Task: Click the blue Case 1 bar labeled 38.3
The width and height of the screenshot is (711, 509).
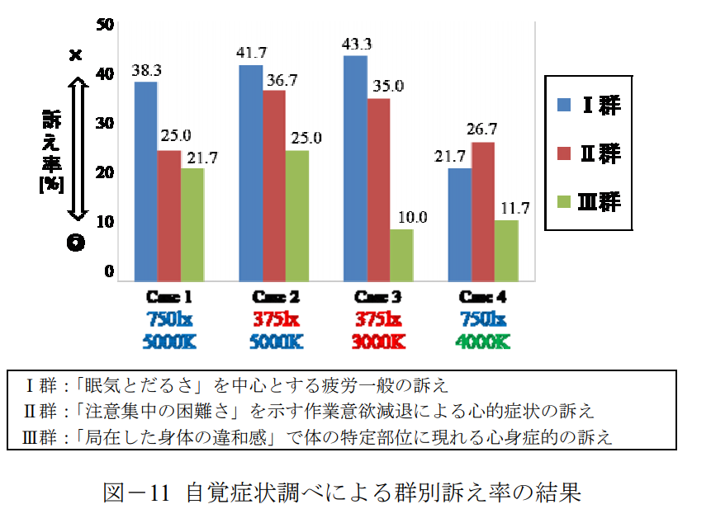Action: tap(145, 181)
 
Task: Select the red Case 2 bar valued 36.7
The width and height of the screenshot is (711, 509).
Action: tap(273, 185)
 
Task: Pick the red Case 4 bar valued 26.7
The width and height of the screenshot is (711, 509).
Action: tap(483, 210)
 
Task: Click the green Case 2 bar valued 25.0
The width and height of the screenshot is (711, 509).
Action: tap(297, 214)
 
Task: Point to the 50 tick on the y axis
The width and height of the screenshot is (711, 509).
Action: tap(105, 24)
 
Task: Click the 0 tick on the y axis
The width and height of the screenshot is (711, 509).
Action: tap(108, 271)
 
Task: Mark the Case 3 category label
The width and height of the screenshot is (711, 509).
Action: tap(379, 297)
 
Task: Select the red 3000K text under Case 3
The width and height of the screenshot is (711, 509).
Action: tap(379, 341)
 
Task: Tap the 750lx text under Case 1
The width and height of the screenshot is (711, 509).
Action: tap(170, 318)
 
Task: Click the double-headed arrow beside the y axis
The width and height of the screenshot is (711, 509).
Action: tap(76, 148)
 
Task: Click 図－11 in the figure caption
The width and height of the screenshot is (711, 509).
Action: tap(136, 492)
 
